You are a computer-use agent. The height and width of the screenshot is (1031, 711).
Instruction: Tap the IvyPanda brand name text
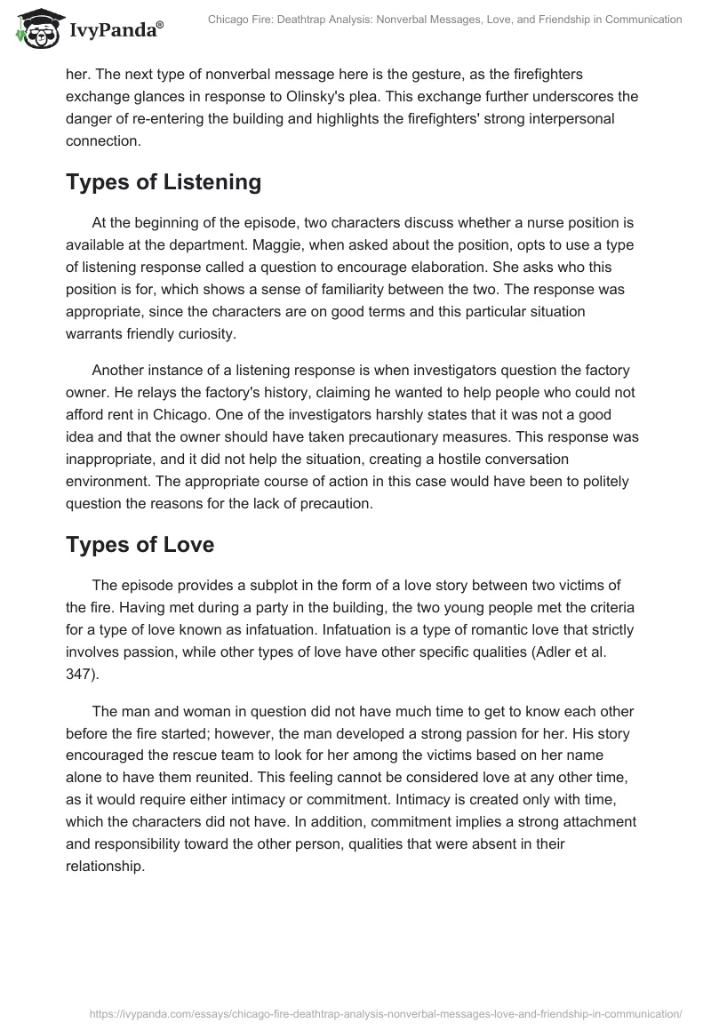click(108, 30)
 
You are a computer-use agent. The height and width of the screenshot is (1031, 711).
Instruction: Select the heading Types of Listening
click(164, 182)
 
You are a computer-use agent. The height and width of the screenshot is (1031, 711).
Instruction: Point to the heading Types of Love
click(140, 544)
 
